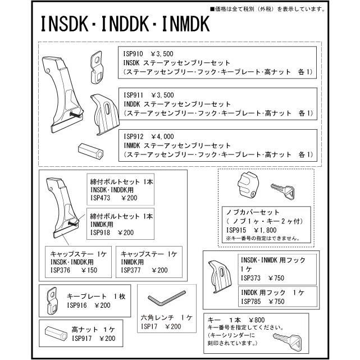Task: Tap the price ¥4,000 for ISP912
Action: [163, 136]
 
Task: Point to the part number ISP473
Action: [102, 198]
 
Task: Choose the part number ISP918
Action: [102, 232]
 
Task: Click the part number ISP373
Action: [251, 277]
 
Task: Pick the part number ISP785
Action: [251, 301]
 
